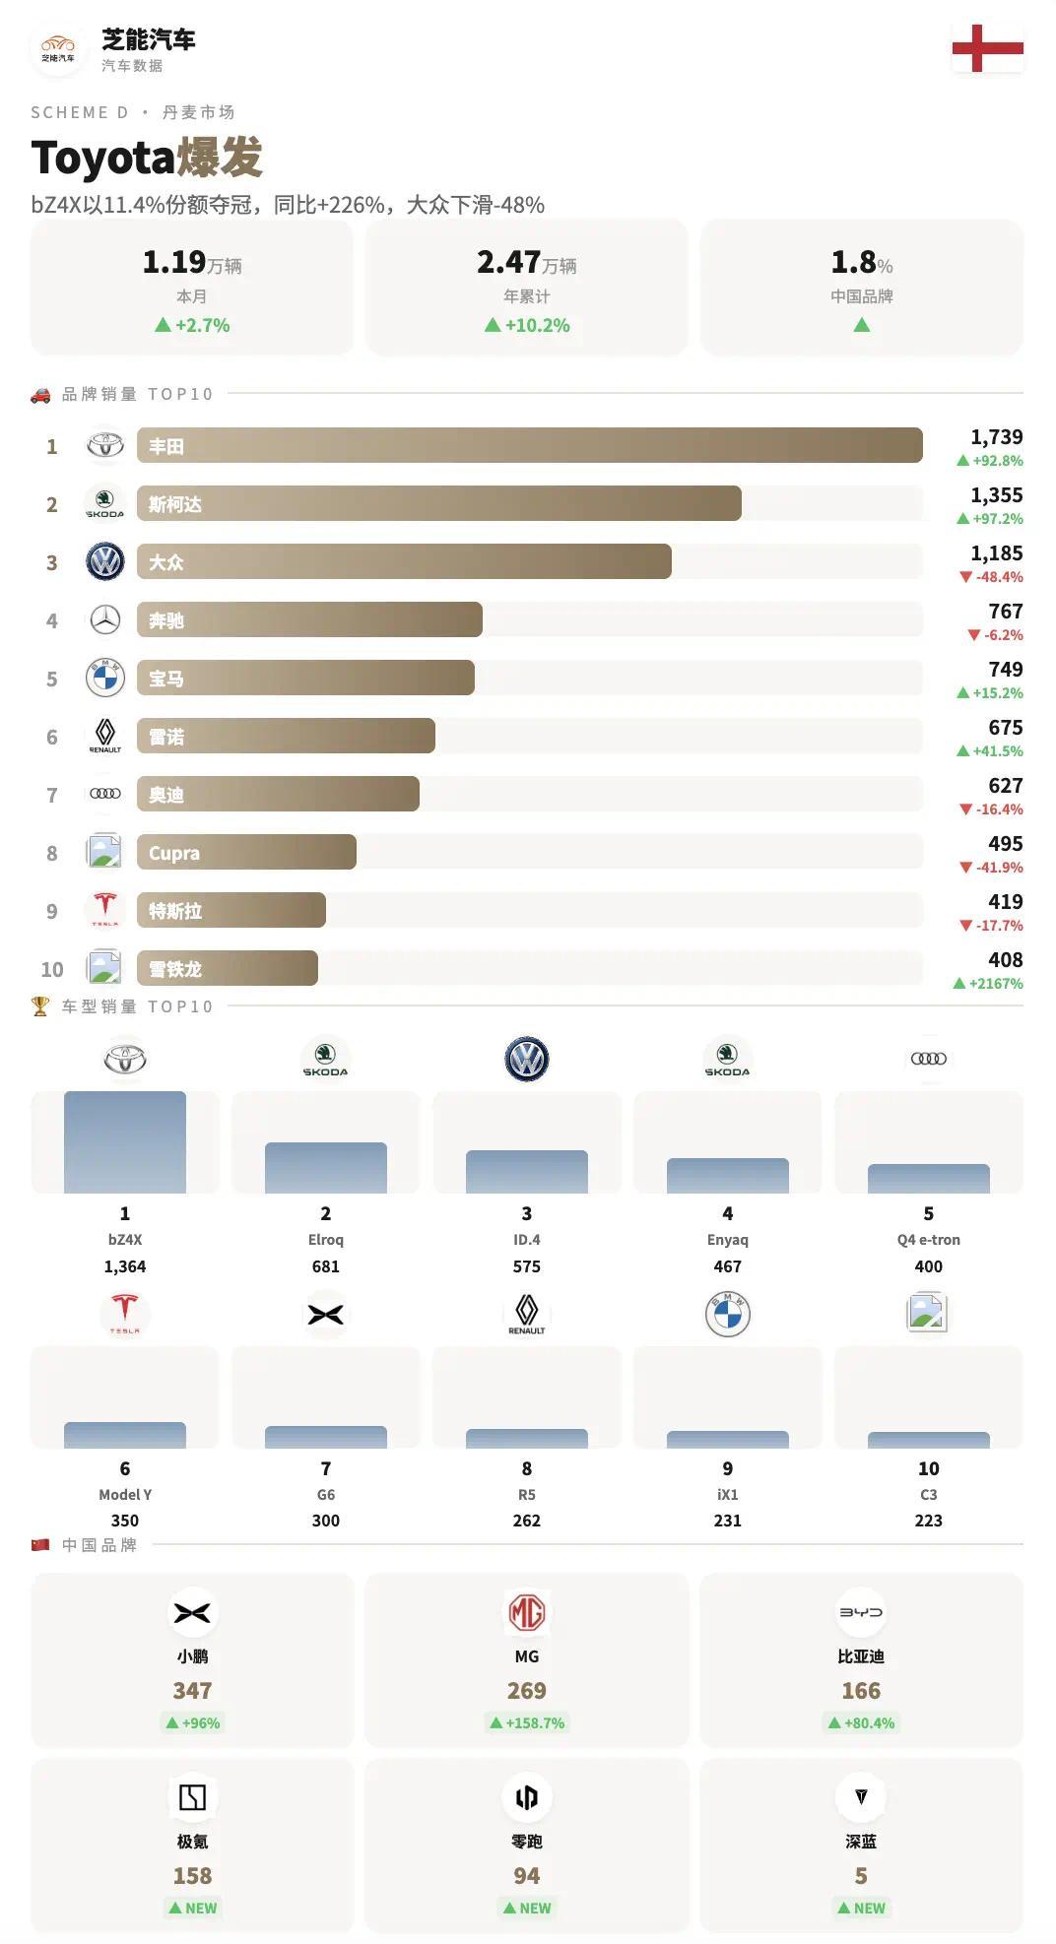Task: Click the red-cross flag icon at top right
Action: [x=987, y=48]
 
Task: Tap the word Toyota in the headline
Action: [x=102, y=158]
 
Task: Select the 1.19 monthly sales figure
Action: [x=174, y=262]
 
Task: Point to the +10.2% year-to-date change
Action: [x=537, y=325]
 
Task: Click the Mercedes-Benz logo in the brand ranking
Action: [x=105, y=620]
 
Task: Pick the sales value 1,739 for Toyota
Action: [x=996, y=437]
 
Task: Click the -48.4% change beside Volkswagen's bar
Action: [x=999, y=577]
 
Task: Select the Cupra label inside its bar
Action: [x=174, y=854]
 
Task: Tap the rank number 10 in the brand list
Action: [x=52, y=969]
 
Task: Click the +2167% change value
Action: [x=995, y=984]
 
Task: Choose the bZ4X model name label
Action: [x=125, y=1240]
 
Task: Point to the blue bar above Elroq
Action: [x=326, y=1168]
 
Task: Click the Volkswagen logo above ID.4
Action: [x=527, y=1060]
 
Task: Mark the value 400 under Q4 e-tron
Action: [x=928, y=1266]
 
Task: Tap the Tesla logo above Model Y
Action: [x=125, y=1314]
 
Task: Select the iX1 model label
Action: [x=727, y=1495]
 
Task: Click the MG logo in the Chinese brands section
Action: [x=527, y=1613]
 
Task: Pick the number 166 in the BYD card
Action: [x=861, y=1691]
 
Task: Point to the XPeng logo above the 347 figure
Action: [x=192, y=1613]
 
